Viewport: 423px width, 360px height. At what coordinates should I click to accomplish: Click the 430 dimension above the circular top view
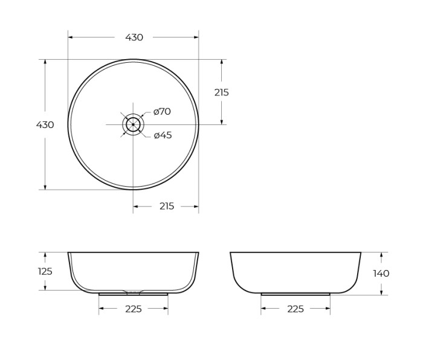coord(134,37)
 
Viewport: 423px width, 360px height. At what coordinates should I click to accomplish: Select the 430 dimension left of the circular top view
coord(45,125)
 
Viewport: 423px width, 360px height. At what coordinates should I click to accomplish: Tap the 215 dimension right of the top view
coord(222,92)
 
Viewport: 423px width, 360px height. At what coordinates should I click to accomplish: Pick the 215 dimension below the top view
coord(167,207)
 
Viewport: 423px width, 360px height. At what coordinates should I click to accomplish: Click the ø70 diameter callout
coord(162,112)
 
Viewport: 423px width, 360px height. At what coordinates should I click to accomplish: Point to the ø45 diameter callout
coord(163,135)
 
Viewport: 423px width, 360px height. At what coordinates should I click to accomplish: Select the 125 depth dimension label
coord(45,272)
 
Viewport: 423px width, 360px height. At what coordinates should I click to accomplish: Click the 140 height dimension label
coord(381,274)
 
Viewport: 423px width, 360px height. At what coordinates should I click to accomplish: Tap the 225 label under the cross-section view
coord(134,309)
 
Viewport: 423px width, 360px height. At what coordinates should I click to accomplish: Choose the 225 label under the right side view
coord(295,309)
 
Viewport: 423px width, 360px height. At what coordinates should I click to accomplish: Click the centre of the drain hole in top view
coord(133,124)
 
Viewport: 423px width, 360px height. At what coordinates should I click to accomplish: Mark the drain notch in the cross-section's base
coord(133,292)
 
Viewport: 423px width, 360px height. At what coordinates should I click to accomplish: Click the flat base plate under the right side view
coord(295,294)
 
